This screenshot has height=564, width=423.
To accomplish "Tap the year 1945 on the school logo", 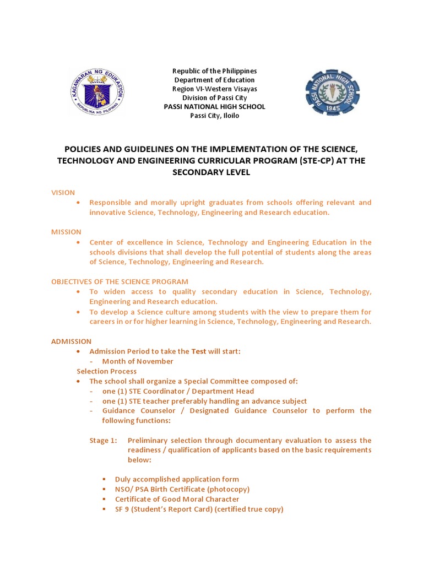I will tap(333, 109).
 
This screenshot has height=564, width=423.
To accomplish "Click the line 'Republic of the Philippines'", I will tap(215, 71).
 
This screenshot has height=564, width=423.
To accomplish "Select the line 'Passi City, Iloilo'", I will tap(215, 116).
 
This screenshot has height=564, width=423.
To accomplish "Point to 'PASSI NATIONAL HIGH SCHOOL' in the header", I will tap(215, 107).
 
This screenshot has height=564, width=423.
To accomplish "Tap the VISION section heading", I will tap(62, 192).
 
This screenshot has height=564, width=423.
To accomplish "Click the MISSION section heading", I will tap(66, 232).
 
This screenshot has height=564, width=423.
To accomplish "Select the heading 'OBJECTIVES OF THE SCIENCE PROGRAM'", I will tap(120, 281).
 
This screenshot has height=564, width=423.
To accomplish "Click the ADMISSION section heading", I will tap(72, 341).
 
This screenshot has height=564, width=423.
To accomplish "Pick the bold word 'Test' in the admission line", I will tap(198, 351).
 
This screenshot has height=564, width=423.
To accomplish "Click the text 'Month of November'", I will tap(138, 361).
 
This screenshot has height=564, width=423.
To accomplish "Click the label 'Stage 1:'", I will tap(104, 441).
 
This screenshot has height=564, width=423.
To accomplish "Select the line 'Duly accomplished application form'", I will tap(177, 479).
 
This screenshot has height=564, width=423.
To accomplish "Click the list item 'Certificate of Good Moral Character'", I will tap(177, 499).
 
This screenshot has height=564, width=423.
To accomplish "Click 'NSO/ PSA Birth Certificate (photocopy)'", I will tap(182, 489).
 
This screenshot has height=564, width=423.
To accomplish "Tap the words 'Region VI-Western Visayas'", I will tap(215, 89).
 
